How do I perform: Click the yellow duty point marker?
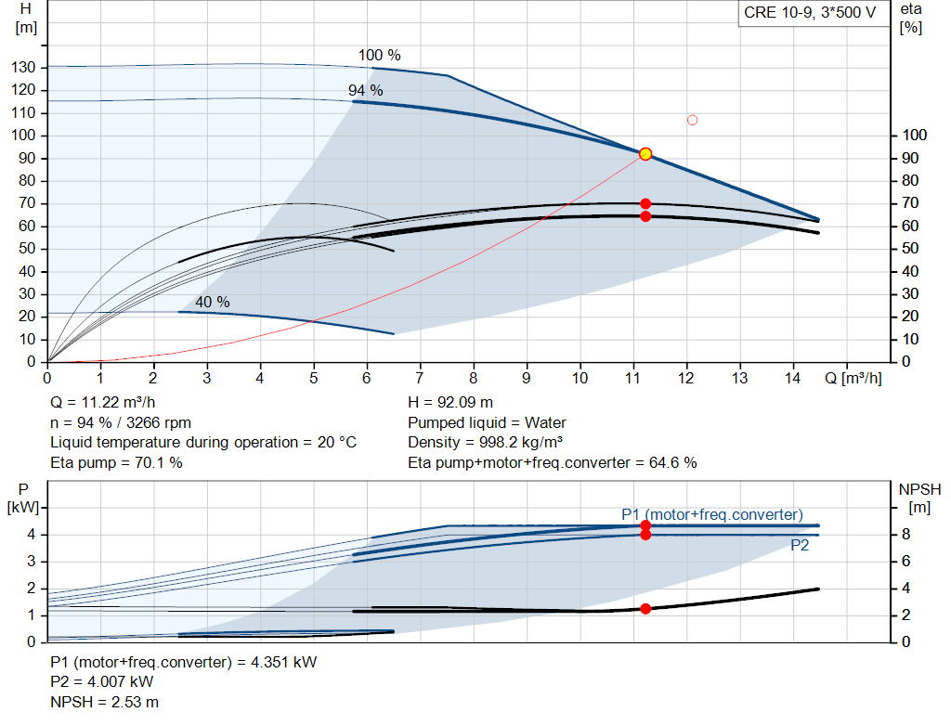tap(645, 154)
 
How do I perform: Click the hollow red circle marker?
tap(692, 120)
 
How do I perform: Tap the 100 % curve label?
tap(379, 55)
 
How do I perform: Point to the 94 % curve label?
tap(365, 90)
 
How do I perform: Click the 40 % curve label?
tap(213, 302)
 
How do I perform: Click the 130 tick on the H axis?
tap(23, 67)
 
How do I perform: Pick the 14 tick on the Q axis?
tap(792, 378)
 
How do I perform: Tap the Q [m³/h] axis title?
tap(853, 378)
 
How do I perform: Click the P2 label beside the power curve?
tap(800, 546)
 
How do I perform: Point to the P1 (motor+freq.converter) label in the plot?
tap(712, 514)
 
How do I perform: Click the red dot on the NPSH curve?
tap(645, 609)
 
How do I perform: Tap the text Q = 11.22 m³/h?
tap(102, 403)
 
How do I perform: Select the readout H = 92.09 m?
tap(450, 403)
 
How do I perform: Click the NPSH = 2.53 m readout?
tap(104, 702)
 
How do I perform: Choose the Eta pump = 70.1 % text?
tap(116, 462)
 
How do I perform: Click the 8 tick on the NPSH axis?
tap(905, 535)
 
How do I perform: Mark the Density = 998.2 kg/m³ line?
tap(485, 443)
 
